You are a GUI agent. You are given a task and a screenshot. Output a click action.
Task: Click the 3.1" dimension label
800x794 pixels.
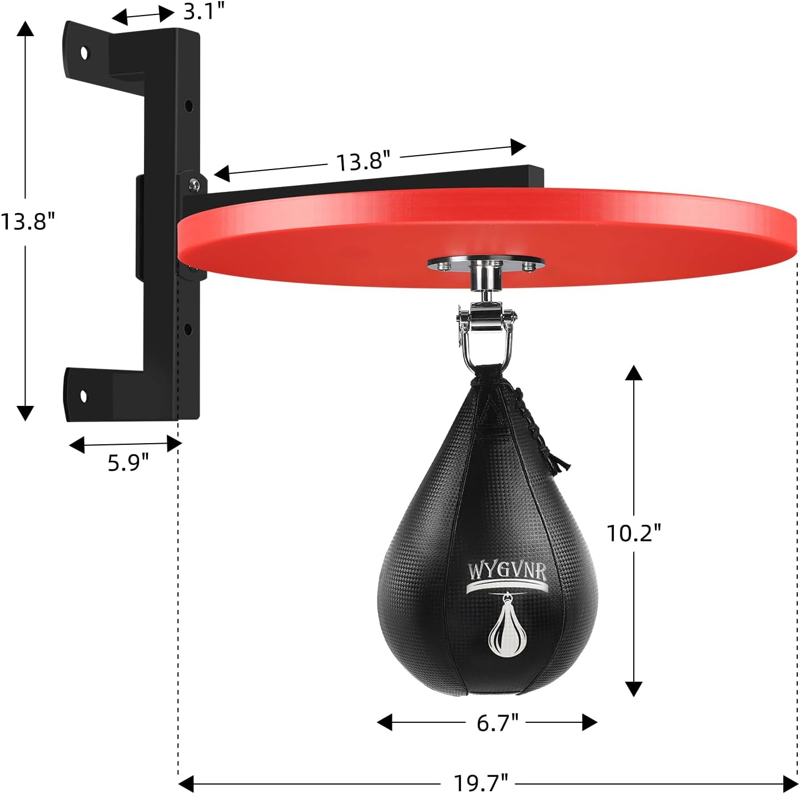(203, 11)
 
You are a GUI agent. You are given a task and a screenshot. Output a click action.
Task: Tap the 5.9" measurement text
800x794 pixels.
(128, 462)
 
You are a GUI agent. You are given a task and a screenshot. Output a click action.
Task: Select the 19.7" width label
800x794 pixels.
(481, 783)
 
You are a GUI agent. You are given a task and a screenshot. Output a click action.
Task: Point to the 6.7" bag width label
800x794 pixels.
(498, 722)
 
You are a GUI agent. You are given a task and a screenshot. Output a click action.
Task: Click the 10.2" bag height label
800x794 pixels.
(633, 533)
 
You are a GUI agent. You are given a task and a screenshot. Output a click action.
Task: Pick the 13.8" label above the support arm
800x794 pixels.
(363, 161)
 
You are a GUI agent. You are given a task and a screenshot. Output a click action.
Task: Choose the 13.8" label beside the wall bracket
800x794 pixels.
(28, 221)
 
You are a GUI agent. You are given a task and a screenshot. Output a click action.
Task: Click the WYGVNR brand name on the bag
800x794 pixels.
(506, 571)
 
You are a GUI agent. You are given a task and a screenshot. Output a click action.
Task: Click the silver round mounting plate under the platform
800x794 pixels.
(486, 265)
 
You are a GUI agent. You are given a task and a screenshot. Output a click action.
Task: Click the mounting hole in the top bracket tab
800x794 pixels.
(84, 53)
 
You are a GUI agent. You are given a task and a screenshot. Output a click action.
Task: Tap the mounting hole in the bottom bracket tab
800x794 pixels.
(83, 396)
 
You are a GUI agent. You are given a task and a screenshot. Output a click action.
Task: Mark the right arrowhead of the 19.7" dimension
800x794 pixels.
(791, 783)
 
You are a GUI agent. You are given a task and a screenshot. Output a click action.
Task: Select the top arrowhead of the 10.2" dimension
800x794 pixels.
(633, 373)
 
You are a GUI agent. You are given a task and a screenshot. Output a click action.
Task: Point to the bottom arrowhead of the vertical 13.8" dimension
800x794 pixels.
(25, 413)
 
